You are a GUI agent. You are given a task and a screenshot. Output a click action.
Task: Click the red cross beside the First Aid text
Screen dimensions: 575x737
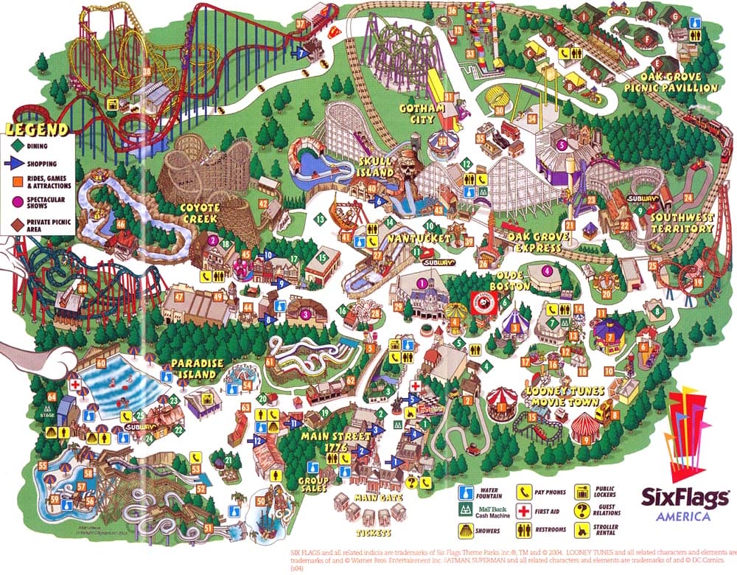coord(524,512)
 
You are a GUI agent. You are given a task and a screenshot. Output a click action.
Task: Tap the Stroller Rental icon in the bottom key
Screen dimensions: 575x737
coord(582,528)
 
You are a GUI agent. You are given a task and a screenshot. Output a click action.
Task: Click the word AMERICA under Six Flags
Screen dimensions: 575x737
coord(686,516)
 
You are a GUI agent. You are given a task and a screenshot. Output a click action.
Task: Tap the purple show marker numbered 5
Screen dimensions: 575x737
coord(561,145)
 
